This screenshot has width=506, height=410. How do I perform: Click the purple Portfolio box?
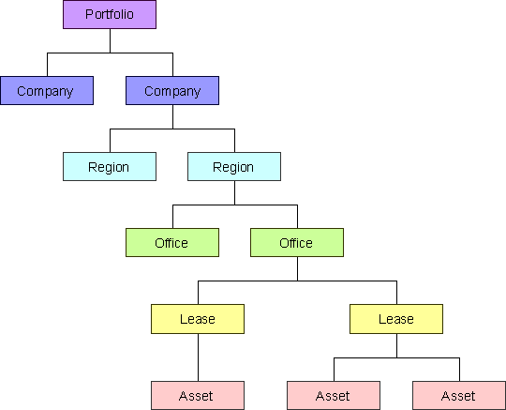(x=110, y=14)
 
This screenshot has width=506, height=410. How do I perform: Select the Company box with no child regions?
(x=47, y=90)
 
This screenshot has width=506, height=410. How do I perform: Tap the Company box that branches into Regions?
(x=172, y=90)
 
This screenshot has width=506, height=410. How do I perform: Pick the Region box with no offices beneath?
(x=110, y=166)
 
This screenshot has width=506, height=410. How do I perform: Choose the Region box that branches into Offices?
(x=234, y=166)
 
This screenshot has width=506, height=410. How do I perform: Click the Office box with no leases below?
(x=172, y=243)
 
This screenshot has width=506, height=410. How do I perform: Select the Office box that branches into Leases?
(x=297, y=243)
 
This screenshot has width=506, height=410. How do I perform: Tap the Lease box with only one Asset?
(x=198, y=319)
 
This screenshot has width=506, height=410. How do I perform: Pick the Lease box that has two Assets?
(x=396, y=319)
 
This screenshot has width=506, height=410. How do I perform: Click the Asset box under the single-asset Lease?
(x=198, y=396)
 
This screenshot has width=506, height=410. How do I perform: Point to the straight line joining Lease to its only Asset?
(x=198, y=357)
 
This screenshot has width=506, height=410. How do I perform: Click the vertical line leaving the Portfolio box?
(x=110, y=40)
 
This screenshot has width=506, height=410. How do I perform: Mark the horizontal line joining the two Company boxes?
(x=110, y=53)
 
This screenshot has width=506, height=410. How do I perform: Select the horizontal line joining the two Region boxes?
(x=172, y=129)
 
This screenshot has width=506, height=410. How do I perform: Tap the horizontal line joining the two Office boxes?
(x=235, y=205)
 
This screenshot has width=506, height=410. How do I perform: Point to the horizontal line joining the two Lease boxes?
(x=297, y=281)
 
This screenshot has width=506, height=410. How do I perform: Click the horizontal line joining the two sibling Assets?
(x=396, y=358)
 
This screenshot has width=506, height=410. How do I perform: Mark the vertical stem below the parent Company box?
(x=172, y=117)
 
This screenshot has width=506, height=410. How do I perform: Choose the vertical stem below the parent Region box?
(x=234, y=193)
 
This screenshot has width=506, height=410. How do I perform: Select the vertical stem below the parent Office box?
(x=297, y=269)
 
